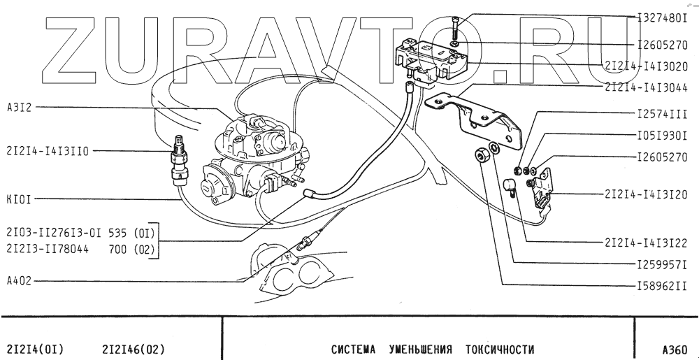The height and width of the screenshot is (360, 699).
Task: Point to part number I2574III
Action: pyautogui.click(x=663, y=112)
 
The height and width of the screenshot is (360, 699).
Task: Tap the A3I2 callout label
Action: pyautogui.click(x=18, y=107)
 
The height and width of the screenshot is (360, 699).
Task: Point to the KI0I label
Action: pyautogui.click(x=18, y=199)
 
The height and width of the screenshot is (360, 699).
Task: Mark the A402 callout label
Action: pyautogui.click(x=18, y=280)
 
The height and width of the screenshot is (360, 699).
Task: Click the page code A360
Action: pyautogui.click(x=675, y=348)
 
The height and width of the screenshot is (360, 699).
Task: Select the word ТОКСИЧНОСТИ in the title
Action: pyautogui.click(x=500, y=348)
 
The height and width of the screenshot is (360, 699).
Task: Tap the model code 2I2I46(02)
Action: pyautogui.click(x=134, y=348)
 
